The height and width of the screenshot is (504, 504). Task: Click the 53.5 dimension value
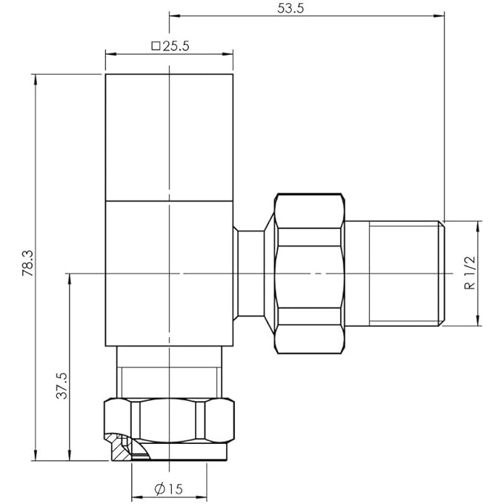(291, 8)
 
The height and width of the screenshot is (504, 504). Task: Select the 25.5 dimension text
(176, 46)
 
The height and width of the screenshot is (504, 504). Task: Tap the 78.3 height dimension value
(27, 263)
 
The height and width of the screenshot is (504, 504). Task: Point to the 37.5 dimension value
(62, 385)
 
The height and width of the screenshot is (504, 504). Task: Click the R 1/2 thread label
(470, 273)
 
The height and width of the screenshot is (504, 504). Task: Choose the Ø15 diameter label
(168, 489)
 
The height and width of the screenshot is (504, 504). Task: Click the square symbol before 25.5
(156, 46)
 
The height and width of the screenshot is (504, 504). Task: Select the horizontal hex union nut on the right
(308, 273)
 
